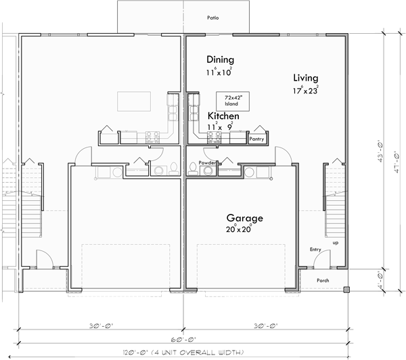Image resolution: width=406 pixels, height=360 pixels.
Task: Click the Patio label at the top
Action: coord(213,18)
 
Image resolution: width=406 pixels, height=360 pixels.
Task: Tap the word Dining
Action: coord(221,60)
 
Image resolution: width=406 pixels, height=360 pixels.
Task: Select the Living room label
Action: coord(306,77)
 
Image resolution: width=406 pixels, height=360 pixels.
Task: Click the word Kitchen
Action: coord(223,116)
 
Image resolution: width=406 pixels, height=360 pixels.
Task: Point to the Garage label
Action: coord(244,219)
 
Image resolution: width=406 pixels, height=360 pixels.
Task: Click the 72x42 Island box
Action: coord(229,101)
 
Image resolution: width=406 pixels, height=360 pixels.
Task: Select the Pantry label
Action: coord(256,139)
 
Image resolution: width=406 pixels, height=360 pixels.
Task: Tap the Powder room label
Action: coord(207,163)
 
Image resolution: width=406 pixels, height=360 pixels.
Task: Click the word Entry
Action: coord(316,250)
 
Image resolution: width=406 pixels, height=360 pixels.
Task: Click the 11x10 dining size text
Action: coord(220,71)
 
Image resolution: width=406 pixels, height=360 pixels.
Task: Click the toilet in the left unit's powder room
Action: coord(173,168)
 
